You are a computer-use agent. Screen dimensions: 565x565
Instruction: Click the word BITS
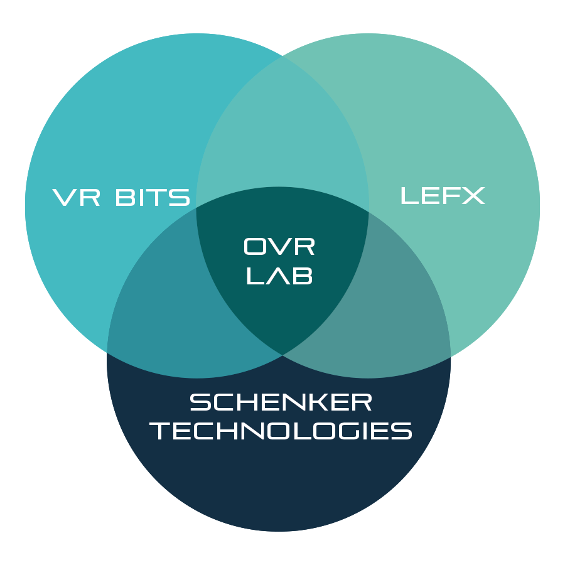click(x=153, y=197)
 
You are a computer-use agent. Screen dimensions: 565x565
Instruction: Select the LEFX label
click(x=443, y=195)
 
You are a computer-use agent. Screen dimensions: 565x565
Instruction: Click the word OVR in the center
click(x=279, y=247)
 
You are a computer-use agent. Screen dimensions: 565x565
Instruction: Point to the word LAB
click(x=279, y=276)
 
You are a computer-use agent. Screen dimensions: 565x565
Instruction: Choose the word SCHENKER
click(x=281, y=402)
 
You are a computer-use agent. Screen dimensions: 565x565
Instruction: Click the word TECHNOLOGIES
click(x=281, y=431)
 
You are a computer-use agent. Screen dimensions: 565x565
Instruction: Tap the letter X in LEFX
click(x=473, y=195)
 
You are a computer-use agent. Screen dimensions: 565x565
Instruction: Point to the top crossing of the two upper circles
click(x=282, y=55)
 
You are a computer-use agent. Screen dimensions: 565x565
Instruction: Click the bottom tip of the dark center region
click(x=282, y=354)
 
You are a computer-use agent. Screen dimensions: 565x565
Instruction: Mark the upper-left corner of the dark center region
click(x=197, y=207)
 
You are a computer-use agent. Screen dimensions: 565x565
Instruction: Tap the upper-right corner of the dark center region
click(x=368, y=207)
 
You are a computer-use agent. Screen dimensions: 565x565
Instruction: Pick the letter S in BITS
click(x=181, y=197)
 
